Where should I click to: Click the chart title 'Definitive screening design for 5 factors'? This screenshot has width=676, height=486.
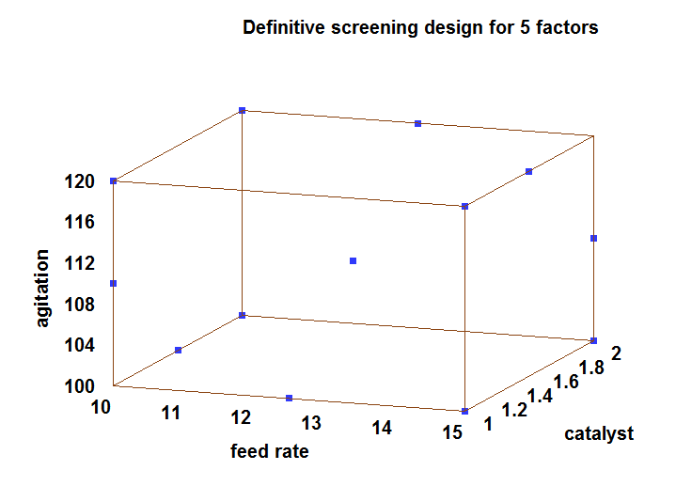420,28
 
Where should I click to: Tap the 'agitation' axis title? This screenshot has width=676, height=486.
42,288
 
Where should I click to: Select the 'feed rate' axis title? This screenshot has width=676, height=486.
270,451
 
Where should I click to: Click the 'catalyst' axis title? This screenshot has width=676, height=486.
599,433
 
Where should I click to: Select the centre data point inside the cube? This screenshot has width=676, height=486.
354,260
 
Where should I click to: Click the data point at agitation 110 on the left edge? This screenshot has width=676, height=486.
113,283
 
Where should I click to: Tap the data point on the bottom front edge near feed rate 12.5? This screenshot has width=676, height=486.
290,398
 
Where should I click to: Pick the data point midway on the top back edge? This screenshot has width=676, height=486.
418,123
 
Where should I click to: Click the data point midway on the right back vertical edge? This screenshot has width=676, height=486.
593,238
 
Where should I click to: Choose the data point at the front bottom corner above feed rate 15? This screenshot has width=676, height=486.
464,411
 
